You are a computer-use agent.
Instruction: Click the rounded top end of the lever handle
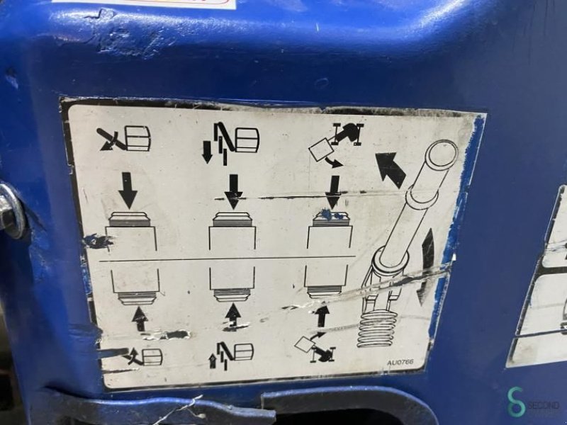tap(442, 152)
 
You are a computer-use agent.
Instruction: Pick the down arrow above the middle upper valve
tap(232, 191)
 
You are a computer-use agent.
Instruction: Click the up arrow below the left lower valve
tap(140, 319)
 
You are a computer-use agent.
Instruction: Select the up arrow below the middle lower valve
tap(233, 317)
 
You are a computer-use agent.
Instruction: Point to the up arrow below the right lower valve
tap(323, 315)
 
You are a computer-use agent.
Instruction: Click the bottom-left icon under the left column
tap(144, 356)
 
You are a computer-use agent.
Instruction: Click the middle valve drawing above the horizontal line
tap(232, 234)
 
